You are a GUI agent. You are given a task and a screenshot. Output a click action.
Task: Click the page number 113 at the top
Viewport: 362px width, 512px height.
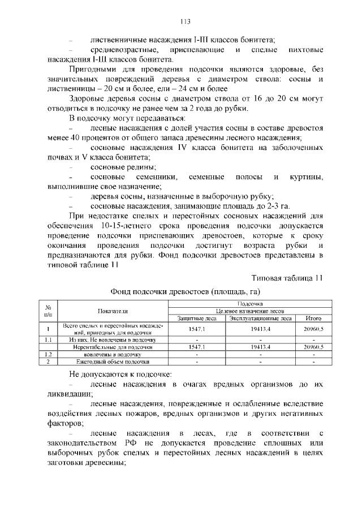click(184, 22)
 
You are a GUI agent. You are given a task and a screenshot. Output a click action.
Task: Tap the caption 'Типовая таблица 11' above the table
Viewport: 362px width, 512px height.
click(287, 278)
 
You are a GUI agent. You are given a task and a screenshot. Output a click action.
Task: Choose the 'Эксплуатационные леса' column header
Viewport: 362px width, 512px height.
click(260, 319)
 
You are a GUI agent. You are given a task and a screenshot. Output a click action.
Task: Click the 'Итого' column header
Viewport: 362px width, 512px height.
click(313, 319)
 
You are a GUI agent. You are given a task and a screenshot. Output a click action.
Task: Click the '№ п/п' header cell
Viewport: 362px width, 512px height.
click(49, 311)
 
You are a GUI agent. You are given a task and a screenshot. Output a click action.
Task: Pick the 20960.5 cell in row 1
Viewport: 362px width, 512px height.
click(313, 329)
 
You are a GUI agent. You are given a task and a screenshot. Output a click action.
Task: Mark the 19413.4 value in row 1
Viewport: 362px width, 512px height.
click(260, 329)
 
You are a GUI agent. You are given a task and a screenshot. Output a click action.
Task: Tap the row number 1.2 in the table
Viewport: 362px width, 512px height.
click(49, 354)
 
